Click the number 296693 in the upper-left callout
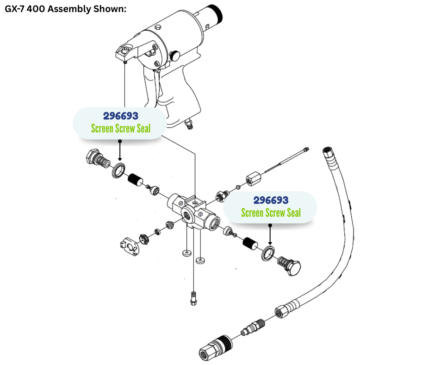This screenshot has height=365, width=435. [x=120, y=116]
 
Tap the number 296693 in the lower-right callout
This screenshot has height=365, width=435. [x=271, y=200]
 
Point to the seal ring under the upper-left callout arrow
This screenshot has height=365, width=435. [x=118, y=170]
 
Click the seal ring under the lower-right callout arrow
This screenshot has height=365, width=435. [x=269, y=253]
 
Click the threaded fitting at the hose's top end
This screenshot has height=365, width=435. [x=329, y=153]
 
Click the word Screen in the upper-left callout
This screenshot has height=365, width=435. [x=103, y=128]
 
